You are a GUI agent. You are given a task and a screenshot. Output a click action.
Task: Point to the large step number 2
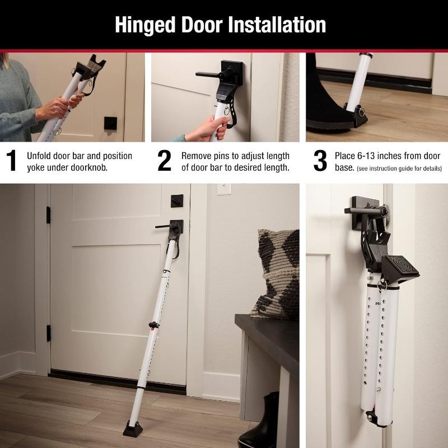tap(164, 161)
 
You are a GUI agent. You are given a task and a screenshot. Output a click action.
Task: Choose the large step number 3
tap(320, 161)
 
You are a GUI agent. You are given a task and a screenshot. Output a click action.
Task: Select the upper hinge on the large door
tap(49, 214)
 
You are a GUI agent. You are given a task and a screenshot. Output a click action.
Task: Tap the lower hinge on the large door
tap(49, 333)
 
